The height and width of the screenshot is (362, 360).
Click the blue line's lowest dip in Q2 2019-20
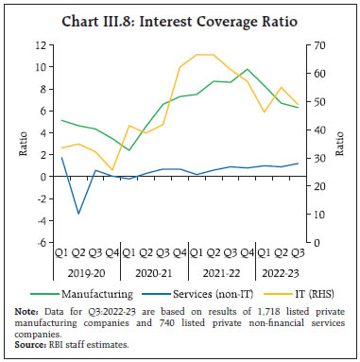tap(78, 214)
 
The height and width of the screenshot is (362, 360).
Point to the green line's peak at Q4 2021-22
tap(247, 69)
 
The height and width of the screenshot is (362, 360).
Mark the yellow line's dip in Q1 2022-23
tap(265, 112)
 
